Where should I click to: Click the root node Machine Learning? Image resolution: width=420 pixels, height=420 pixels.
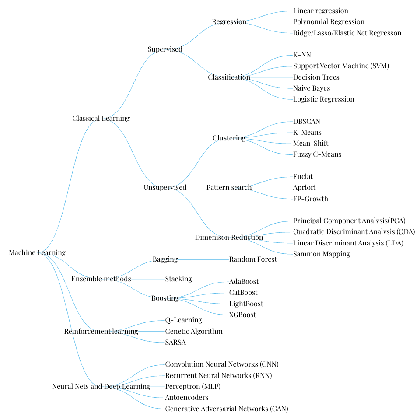coord(37,252)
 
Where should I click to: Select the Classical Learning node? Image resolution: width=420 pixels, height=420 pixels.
coord(101,118)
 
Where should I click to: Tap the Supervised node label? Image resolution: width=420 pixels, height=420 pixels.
coord(165,49)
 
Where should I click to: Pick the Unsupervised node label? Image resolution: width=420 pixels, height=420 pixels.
coord(165,187)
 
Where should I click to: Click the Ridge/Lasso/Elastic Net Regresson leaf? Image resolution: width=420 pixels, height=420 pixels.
coord(347,33)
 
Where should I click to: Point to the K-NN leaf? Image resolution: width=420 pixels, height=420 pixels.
coord(302,55)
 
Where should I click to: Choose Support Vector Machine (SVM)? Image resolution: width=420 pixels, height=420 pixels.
coord(341,66)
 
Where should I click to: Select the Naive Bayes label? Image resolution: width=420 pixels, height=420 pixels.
coord(311,88)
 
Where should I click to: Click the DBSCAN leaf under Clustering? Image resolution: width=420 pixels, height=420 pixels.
coord(306,121)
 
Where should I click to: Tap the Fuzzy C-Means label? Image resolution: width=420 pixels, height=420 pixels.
coord(317,154)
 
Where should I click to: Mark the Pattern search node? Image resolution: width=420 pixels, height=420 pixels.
coord(229,187)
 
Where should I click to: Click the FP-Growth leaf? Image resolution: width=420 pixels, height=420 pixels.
coord(311,199)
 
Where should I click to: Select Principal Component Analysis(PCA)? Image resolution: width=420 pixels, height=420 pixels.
coord(349,220)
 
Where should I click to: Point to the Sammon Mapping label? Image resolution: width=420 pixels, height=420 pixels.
coord(322,254)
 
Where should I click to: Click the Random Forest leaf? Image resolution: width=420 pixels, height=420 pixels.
coord(253,259)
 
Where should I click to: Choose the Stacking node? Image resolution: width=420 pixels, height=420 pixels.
coord(178,279)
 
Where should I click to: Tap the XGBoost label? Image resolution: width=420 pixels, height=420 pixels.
coord(242,315)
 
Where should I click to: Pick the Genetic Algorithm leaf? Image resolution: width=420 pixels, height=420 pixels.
coord(194,331)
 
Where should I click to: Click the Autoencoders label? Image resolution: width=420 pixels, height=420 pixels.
coord(187,398)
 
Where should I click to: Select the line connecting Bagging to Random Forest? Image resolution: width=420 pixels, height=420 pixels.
coord(203,259)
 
